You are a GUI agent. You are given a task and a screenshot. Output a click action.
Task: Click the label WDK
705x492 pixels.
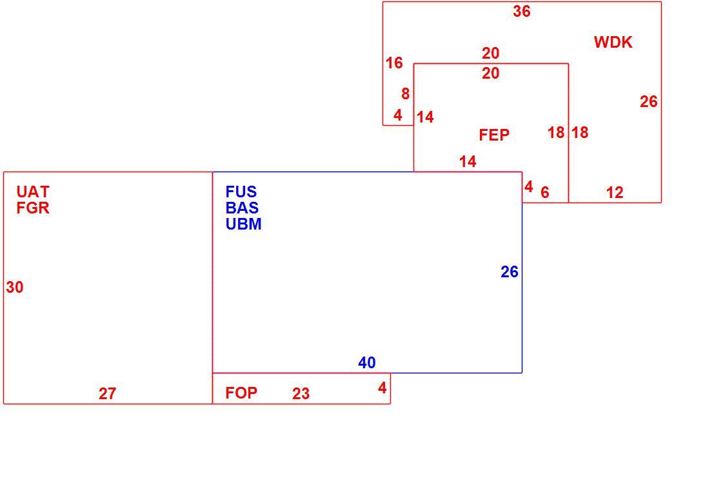(x=613, y=42)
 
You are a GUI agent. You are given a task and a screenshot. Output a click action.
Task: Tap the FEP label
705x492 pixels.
(x=493, y=135)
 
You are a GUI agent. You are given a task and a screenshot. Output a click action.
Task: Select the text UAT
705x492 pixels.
(x=33, y=192)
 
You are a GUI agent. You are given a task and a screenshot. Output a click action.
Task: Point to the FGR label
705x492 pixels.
(x=33, y=208)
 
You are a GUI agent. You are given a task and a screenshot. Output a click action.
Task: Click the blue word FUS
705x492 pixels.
(x=241, y=192)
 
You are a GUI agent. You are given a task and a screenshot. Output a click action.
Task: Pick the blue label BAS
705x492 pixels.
(x=242, y=208)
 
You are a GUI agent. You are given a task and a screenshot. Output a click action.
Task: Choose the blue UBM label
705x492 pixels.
(x=243, y=224)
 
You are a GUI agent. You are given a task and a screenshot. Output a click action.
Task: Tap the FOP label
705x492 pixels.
(x=241, y=393)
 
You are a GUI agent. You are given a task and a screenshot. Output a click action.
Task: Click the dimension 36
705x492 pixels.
(x=522, y=11)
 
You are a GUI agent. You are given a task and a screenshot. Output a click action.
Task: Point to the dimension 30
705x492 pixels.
(x=15, y=287)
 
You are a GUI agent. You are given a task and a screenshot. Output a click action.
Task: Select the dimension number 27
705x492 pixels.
(x=108, y=393)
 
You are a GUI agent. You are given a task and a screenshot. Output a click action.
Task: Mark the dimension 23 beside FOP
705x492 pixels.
(x=301, y=393)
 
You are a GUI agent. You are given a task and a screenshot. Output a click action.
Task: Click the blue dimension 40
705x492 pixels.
(x=367, y=362)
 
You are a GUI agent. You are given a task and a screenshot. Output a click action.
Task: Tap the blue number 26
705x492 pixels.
(x=510, y=272)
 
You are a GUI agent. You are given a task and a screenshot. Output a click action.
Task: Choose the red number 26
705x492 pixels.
(x=649, y=101)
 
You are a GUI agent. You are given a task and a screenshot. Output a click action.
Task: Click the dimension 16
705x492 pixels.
(x=394, y=63)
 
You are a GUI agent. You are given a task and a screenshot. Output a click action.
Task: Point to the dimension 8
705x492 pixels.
(x=406, y=94)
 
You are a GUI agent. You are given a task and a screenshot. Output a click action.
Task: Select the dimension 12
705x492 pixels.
(x=615, y=193)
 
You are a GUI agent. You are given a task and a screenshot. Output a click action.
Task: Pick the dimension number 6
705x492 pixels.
(x=545, y=193)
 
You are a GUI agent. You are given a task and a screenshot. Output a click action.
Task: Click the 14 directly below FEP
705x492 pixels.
(x=468, y=162)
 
